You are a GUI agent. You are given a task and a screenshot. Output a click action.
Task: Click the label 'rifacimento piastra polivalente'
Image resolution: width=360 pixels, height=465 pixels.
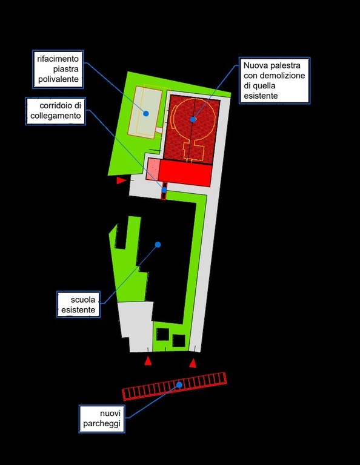coord(58,69)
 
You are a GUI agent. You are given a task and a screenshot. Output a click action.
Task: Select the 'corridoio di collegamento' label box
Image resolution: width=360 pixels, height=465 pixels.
coord(56,111)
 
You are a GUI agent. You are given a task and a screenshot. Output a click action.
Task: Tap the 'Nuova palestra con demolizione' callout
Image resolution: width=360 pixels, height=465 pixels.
coord(275,81)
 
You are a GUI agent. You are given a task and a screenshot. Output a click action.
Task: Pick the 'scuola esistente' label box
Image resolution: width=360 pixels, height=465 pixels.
coord(78,305)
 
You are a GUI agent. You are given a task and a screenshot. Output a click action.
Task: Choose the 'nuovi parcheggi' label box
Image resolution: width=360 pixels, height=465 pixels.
coord(102,419)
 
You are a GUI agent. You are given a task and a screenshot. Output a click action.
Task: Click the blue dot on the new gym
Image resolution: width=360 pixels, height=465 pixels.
coord(193,119)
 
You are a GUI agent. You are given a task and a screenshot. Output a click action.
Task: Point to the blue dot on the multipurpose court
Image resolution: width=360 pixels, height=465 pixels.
coord(145,113)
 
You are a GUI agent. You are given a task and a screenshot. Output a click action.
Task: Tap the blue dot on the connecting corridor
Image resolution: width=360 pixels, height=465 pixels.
coord(164,190)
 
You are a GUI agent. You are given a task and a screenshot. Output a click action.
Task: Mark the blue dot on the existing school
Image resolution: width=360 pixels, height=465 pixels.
coord(158,245)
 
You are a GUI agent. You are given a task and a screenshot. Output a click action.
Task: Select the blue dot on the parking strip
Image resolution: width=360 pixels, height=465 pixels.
coord(179,384)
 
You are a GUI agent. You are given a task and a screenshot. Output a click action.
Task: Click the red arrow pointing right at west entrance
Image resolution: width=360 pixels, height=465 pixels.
coord(121,180)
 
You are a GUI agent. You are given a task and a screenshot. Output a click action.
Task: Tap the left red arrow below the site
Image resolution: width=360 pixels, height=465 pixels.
coord(148,361)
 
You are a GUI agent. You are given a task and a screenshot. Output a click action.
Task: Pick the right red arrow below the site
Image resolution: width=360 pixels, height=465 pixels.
coord(193,363)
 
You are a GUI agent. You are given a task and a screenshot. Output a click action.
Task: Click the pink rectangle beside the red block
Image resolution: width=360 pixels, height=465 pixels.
coord(153,169)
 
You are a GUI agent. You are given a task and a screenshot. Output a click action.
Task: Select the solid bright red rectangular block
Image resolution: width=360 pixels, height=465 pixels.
coord(185,173)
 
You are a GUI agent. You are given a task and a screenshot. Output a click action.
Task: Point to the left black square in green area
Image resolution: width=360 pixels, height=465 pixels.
coord(162,334)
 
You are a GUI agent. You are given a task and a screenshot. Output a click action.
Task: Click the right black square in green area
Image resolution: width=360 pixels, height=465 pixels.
coord(179,341)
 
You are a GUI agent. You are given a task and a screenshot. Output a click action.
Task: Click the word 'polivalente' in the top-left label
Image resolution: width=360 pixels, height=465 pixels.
coord(58,79)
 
